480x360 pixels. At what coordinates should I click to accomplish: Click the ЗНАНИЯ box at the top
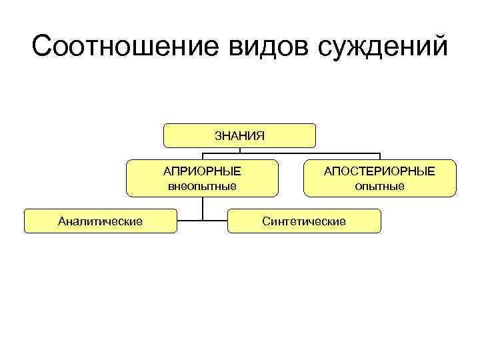click(240, 135)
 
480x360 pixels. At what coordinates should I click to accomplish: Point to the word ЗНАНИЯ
click(240, 136)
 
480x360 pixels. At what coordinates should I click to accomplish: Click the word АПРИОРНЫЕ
click(202, 171)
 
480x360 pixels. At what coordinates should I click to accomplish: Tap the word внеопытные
click(202, 186)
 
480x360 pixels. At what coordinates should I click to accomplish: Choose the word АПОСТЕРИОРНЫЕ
click(379, 171)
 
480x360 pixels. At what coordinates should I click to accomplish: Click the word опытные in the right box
click(379, 186)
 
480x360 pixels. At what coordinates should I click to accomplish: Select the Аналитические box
click(101, 221)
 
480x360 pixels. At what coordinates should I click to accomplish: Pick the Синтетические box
click(304, 221)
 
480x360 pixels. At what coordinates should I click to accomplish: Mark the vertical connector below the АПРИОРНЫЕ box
click(203, 208)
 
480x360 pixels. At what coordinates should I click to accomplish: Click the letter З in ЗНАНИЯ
click(218, 136)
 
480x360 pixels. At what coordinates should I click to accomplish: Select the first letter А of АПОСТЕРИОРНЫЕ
click(328, 171)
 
